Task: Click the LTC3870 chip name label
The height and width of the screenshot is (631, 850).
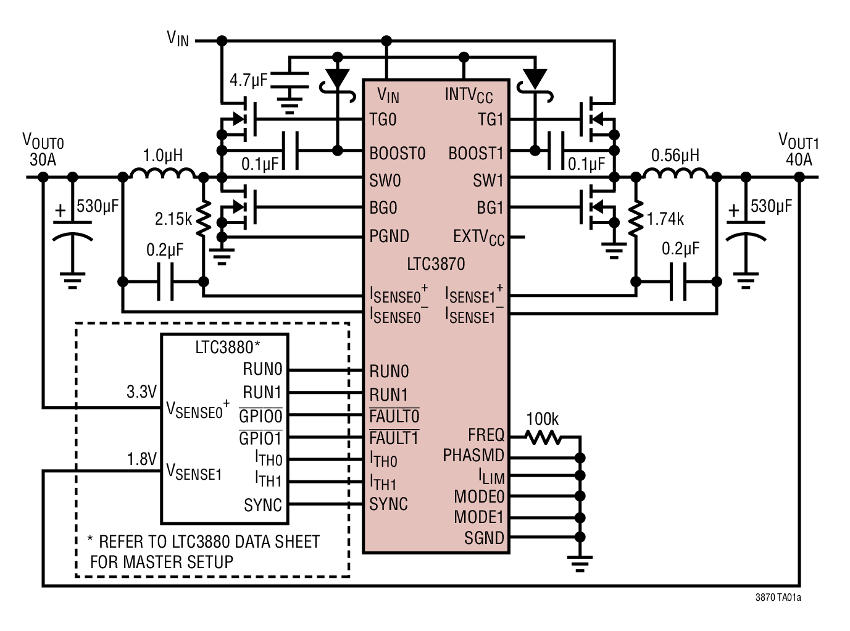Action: tap(436, 264)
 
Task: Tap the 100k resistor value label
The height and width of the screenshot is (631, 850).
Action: tap(542, 419)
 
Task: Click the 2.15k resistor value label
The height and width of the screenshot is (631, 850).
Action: tap(173, 219)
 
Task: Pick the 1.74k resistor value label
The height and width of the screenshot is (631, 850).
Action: tap(665, 219)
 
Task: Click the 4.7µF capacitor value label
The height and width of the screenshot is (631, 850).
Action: tap(249, 80)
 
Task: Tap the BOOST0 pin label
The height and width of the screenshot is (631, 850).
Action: tap(397, 154)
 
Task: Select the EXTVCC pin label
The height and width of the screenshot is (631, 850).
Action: tap(478, 238)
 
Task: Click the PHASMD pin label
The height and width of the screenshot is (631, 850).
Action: tap(473, 456)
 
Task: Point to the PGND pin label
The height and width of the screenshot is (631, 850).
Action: tap(389, 236)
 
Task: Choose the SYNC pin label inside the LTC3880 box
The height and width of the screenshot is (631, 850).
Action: tap(263, 506)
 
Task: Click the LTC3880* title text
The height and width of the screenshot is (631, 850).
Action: tap(227, 348)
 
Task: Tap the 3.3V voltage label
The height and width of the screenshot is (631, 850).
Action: tap(141, 392)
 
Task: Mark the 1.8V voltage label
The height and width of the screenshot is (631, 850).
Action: tap(141, 459)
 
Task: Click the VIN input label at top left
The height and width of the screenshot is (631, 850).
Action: tap(178, 39)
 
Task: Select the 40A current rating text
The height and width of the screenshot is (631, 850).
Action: tap(799, 160)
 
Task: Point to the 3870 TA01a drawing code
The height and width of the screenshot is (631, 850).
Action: tap(778, 598)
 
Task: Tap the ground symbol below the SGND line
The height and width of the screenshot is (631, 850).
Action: tap(580, 563)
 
